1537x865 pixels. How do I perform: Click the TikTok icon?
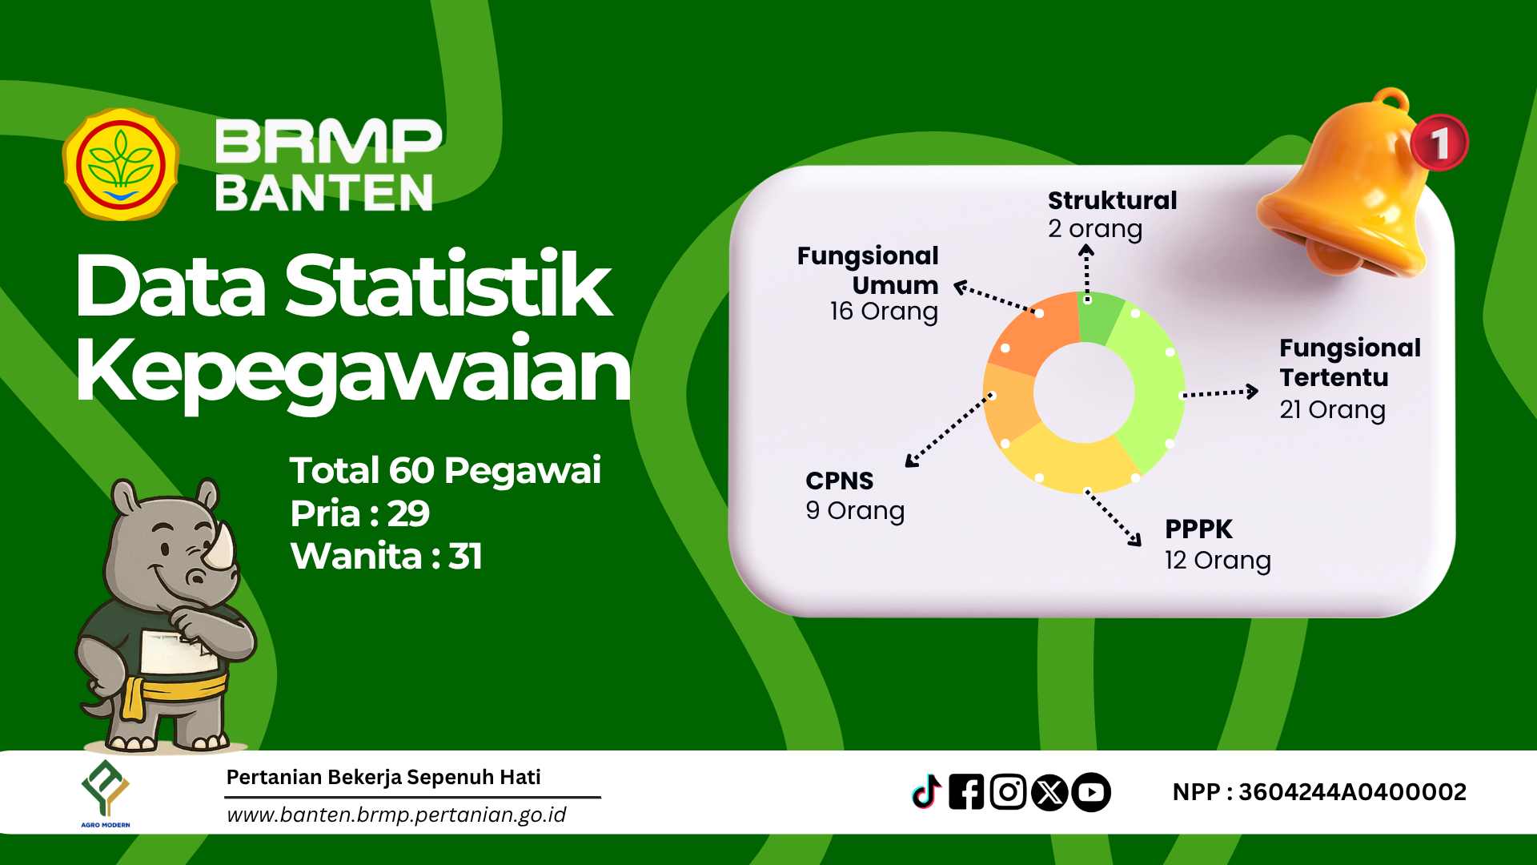[x=927, y=792]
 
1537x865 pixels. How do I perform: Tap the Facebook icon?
[x=966, y=792]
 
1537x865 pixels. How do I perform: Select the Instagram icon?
[x=1008, y=792]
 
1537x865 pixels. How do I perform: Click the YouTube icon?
[x=1091, y=792]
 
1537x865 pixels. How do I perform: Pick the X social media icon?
[x=1049, y=792]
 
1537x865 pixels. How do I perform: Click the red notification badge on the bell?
[x=1439, y=143]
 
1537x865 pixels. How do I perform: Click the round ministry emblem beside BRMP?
[x=121, y=164]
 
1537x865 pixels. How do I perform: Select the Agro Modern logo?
[x=106, y=793]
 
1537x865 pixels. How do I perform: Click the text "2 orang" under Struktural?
[x=1095, y=230]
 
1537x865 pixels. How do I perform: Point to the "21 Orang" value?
[x=1332, y=410]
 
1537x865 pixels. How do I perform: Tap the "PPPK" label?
[x=1198, y=529]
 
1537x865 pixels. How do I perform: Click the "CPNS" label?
[x=839, y=481]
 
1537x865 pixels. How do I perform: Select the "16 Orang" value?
[x=884, y=312]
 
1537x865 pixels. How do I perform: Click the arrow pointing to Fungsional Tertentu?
[x=1220, y=392]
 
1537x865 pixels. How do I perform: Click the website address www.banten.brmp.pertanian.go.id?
[x=396, y=815]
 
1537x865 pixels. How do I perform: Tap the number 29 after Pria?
[x=408, y=513]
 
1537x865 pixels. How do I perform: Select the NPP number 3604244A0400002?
[x=1352, y=792]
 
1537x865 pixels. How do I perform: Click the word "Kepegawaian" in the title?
[x=353, y=372]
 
